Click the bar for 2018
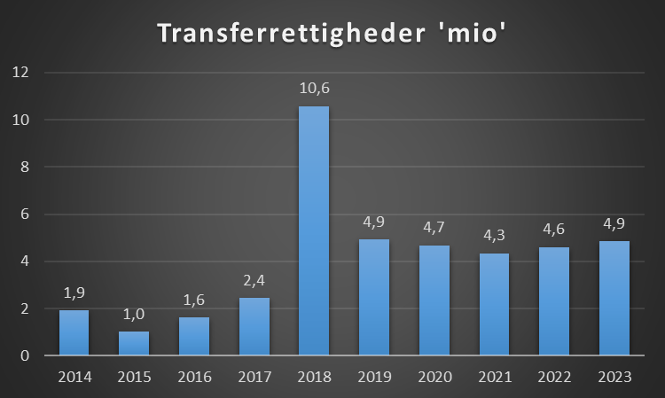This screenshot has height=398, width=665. coord(314,230)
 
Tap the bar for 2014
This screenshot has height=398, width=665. coord(74,332)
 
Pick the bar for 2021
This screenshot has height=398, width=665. coord(494,304)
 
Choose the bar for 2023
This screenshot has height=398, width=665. coord(614,298)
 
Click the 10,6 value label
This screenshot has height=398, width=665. coord(314,89)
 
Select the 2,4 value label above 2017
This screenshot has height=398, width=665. coord(254,280)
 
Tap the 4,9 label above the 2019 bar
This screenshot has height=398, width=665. coord(374,222)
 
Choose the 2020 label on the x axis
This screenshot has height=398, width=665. coord(434,377)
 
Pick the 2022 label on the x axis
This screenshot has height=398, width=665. coord(553,377)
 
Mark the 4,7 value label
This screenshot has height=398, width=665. coord(434,227)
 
